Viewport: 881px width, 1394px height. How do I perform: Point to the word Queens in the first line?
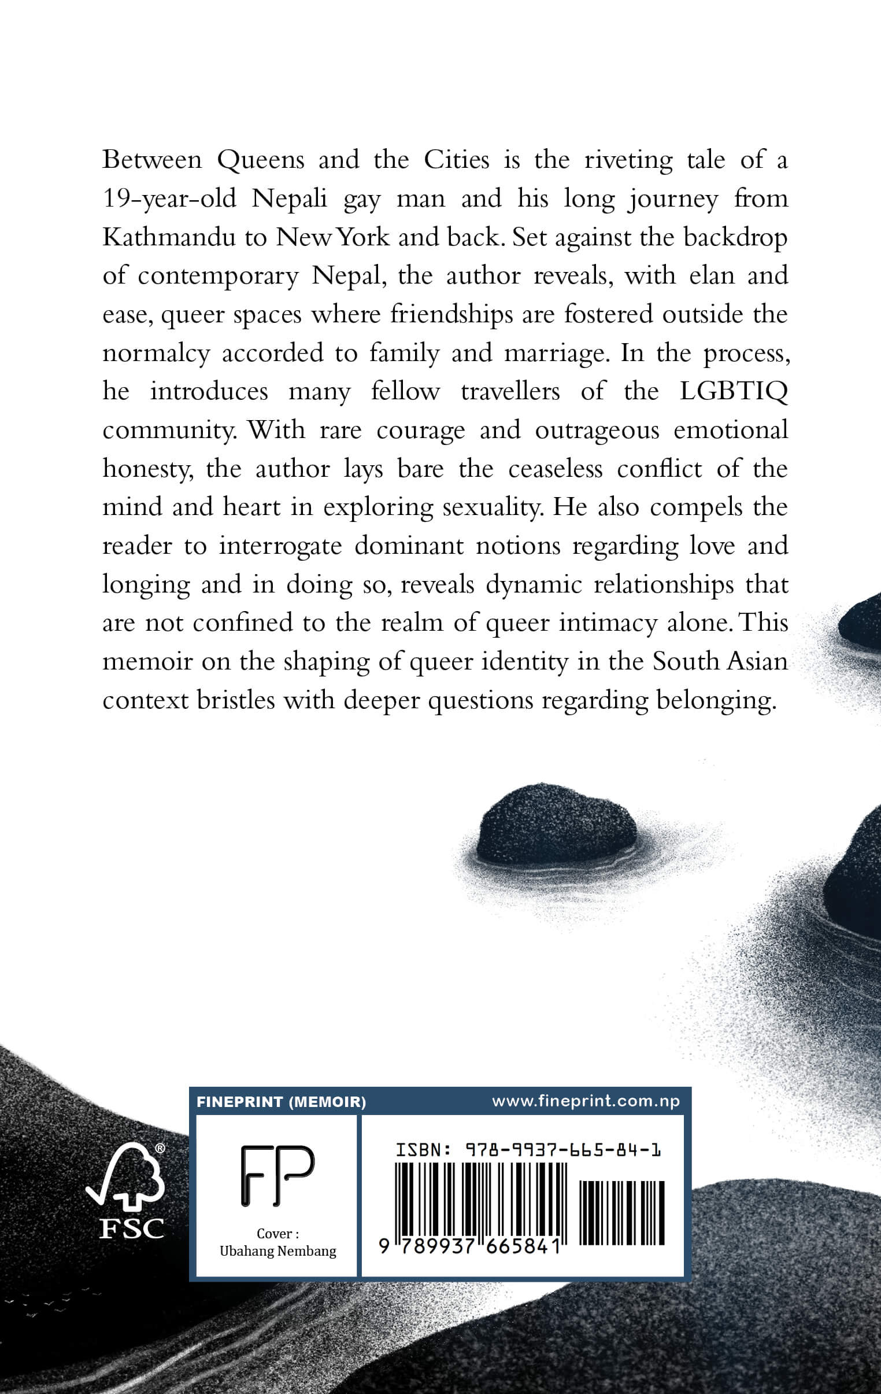click(x=261, y=160)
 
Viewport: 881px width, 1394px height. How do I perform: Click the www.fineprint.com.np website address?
click(x=586, y=1101)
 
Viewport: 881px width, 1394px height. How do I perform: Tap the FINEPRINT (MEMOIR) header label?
click(x=281, y=1102)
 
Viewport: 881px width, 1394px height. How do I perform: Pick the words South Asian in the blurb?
click(x=720, y=661)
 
